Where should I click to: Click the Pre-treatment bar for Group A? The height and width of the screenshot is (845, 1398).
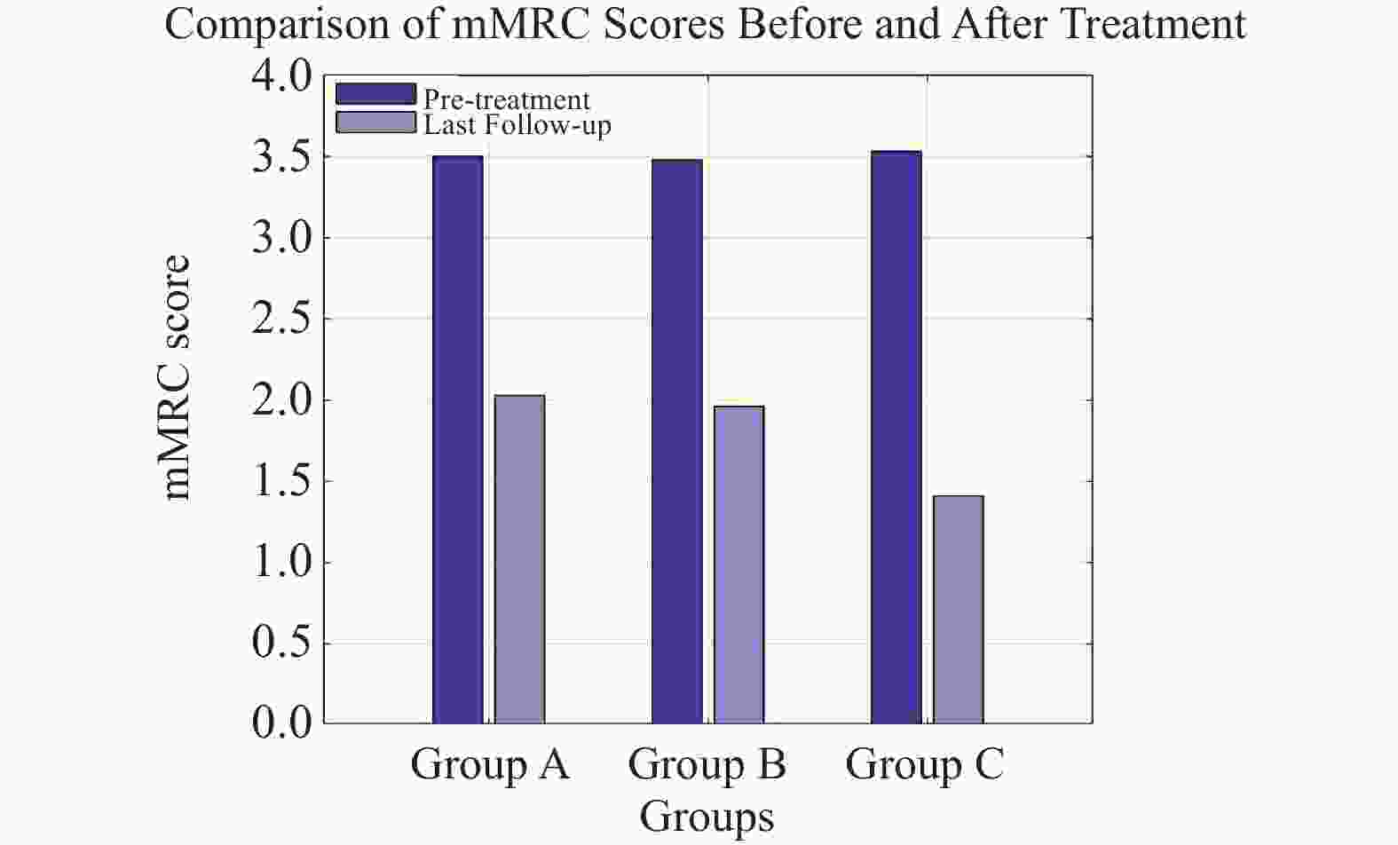click(x=458, y=439)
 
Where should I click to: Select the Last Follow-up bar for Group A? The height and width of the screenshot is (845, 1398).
click(x=519, y=559)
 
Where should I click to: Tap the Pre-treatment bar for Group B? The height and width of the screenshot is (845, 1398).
click(x=677, y=441)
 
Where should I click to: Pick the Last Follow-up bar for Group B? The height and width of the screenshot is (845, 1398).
click(x=738, y=565)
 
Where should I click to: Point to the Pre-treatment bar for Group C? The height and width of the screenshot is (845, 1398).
click(x=896, y=437)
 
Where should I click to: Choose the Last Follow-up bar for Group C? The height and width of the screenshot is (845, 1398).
click(x=958, y=609)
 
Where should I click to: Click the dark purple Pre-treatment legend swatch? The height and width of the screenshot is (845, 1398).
click(x=375, y=94)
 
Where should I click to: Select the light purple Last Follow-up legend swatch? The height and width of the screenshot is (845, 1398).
click(x=375, y=122)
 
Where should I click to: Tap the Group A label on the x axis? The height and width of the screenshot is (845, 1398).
click(x=489, y=764)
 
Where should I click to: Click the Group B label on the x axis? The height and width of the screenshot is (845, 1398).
click(x=707, y=764)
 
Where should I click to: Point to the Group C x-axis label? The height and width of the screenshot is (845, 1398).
click(x=925, y=764)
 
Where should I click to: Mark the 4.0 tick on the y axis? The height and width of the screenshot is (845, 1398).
click(x=282, y=76)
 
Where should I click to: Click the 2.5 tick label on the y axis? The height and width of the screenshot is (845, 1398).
click(x=282, y=320)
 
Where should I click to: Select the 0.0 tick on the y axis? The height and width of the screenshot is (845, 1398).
click(x=282, y=723)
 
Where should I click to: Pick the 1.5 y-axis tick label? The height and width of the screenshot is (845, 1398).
click(x=282, y=481)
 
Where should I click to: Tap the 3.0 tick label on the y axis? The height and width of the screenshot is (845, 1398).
click(x=282, y=238)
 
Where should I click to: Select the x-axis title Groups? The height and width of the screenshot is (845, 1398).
click(x=707, y=817)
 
